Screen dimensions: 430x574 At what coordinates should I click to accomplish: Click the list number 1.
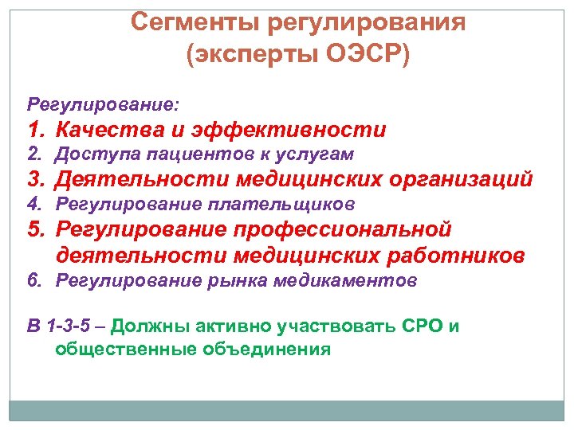point(35,129)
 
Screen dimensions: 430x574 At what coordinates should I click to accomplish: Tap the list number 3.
point(35,179)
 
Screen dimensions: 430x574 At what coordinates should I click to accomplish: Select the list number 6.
point(34,280)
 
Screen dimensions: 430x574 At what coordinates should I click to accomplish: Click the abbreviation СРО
point(418,326)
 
